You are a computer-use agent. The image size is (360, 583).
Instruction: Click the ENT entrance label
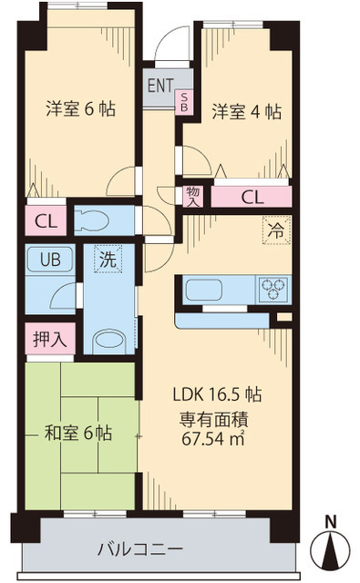point(160,86)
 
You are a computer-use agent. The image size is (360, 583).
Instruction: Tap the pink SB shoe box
point(184,101)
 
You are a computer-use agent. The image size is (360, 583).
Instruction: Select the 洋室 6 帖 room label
point(81,109)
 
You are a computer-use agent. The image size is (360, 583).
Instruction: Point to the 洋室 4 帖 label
point(247,111)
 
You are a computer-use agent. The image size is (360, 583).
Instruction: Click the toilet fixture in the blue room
point(91,220)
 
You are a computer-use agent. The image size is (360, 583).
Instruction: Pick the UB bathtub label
point(50,259)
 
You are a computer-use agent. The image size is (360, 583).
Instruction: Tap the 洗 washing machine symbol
point(108,259)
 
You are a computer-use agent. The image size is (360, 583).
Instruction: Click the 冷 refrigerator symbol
point(276,230)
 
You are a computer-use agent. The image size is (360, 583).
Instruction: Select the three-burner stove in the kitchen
point(273,289)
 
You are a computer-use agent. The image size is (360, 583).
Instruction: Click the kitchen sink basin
point(204,290)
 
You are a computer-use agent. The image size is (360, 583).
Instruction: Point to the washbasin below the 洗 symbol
point(109,340)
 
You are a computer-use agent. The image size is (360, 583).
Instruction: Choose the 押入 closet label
point(50,339)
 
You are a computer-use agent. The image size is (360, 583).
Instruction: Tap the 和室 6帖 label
point(78,434)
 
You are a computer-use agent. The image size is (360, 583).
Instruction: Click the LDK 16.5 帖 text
point(217,394)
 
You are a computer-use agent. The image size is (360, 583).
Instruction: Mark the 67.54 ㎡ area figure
point(212,438)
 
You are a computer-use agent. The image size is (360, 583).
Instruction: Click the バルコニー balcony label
point(140,548)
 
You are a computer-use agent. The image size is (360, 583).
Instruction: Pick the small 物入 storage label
point(193,197)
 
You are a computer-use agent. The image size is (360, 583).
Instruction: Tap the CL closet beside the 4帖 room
point(252,197)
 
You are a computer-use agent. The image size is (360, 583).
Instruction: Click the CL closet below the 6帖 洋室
point(46,221)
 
